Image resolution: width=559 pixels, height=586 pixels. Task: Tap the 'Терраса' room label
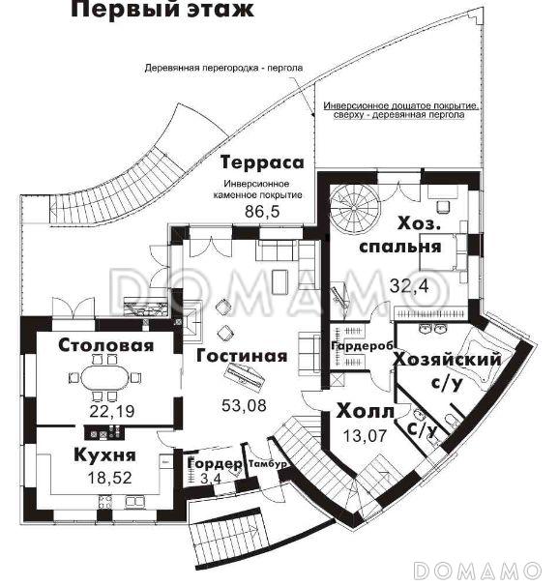256,161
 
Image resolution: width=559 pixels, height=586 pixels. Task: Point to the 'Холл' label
365,413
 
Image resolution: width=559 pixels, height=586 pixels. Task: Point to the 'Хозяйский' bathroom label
448,361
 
